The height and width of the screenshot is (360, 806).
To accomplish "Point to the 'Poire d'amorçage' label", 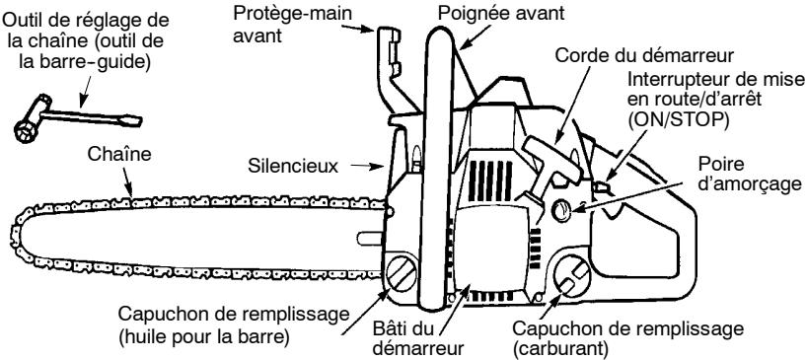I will tap(754, 172).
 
